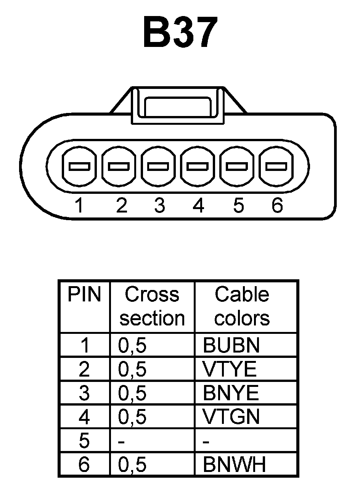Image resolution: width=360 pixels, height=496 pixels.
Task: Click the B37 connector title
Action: (180, 33)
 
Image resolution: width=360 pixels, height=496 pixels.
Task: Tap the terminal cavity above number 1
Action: (79, 167)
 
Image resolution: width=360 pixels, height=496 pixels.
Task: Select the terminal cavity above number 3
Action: (158, 167)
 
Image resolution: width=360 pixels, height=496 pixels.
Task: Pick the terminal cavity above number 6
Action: (276, 167)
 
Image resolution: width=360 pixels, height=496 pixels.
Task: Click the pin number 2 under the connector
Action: (121, 206)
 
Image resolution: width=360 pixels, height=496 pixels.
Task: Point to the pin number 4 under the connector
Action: (198, 206)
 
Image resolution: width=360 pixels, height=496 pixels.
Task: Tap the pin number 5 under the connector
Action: (238, 206)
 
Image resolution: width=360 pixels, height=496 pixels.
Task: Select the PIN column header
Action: (84, 295)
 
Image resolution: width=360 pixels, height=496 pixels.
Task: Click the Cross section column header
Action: (152, 306)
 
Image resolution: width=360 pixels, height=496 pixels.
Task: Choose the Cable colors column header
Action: (242, 306)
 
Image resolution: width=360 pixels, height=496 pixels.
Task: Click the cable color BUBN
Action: (231, 345)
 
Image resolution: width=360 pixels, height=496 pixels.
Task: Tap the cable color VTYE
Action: (230, 369)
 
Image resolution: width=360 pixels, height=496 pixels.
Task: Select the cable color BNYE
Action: (231, 393)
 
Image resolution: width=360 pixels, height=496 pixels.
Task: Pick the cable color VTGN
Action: (231, 417)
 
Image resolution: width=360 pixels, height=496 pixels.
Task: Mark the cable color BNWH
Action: (234, 464)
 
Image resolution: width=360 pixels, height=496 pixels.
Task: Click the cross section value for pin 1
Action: (132, 345)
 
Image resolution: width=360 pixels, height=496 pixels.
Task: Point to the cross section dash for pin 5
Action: (122, 441)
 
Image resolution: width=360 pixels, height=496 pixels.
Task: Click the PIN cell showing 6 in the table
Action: (84, 464)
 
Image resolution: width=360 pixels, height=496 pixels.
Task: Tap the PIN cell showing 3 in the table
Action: (84, 393)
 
